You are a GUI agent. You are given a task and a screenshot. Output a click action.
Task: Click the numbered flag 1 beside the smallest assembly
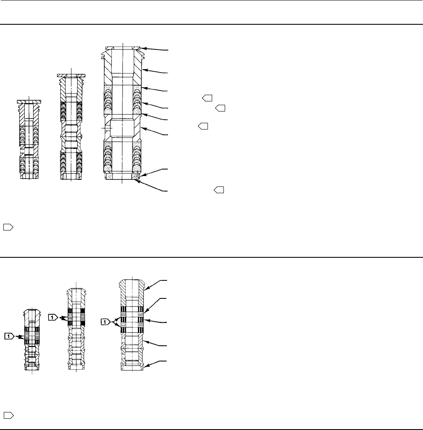[x=10, y=335]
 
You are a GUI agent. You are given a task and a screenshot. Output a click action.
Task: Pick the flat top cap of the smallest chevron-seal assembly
[x=29, y=101]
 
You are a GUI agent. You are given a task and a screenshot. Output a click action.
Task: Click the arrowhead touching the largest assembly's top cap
[x=144, y=49]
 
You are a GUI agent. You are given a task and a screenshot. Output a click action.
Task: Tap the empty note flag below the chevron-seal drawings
[x=8, y=227]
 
